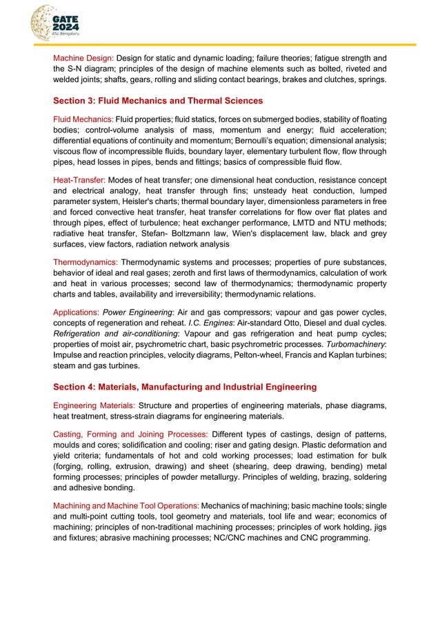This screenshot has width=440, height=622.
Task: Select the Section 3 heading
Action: coord(158,101)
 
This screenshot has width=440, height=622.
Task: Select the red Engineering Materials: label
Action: coord(94,405)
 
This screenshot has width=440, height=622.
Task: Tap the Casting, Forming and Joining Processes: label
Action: coord(130,434)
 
